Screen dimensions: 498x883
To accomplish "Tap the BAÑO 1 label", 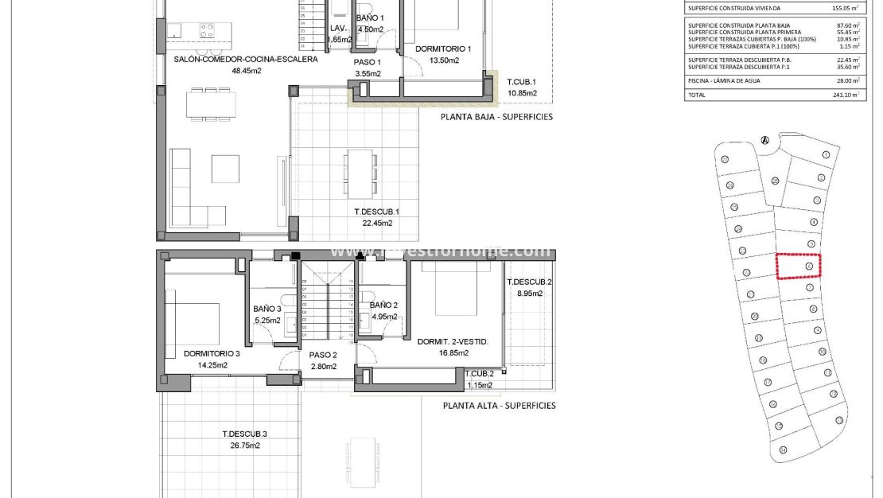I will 370,18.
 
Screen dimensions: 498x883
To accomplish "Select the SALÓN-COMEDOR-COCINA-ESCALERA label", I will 246,59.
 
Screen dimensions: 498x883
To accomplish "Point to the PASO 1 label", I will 368,62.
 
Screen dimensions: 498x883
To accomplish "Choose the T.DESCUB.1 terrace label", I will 376,212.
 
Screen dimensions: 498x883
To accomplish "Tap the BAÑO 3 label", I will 267,309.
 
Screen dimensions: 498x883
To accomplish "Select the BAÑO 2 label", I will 383,305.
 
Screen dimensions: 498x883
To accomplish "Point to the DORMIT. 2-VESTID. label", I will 453,342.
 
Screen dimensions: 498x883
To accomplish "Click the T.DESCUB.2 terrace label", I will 529,282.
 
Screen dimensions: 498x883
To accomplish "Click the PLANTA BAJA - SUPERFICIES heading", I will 496,117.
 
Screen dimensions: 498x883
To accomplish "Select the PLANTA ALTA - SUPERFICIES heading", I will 499,406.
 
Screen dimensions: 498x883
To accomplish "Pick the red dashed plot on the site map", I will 798,266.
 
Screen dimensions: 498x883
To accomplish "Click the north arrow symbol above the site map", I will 765,141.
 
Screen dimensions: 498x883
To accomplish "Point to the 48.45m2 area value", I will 247,71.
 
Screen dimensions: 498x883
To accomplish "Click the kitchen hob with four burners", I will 207,30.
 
